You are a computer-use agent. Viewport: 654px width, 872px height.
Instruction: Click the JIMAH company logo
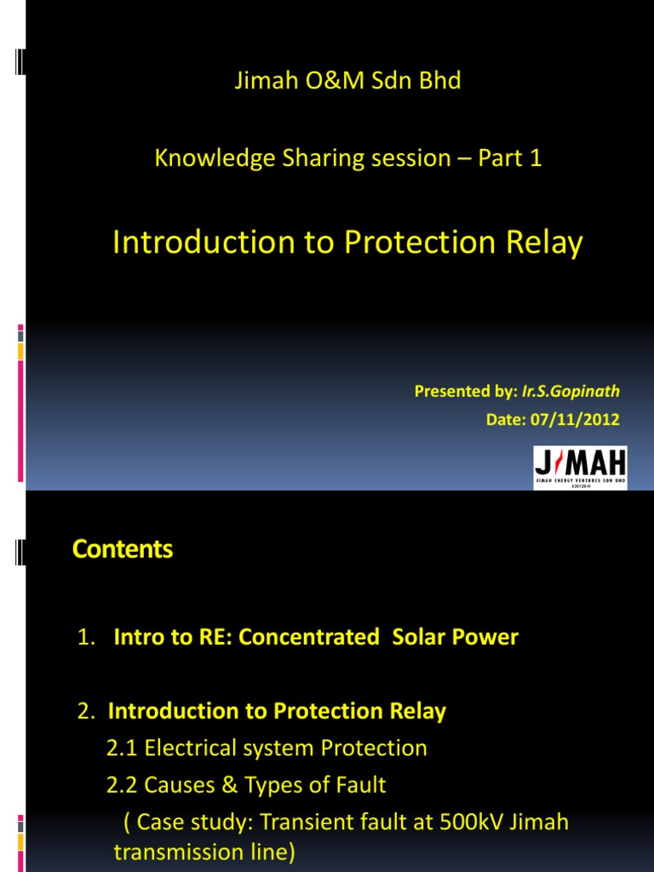[x=580, y=468]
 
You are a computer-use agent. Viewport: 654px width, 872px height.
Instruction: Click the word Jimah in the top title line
[x=262, y=81]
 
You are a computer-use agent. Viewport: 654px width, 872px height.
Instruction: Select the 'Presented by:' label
[x=465, y=392]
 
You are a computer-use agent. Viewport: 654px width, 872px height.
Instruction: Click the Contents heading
[x=123, y=550]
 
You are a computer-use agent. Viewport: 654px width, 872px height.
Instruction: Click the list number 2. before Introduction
[x=85, y=712]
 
